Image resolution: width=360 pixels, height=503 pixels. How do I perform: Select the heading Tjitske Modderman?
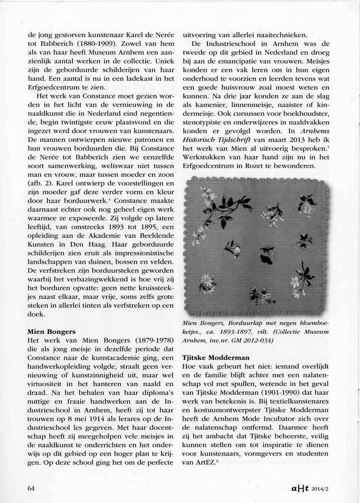(215, 357)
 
